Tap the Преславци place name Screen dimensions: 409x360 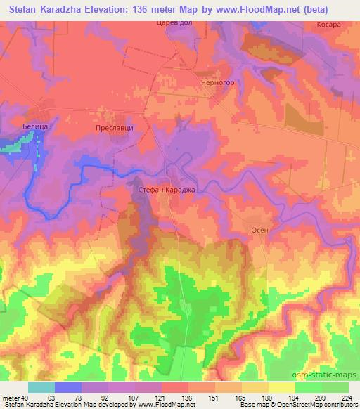coord(115,129)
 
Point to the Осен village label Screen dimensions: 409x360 coord(259,230)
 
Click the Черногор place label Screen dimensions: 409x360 coord(217,81)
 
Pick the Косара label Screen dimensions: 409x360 coord(328,24)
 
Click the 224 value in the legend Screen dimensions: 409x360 coord(347,397)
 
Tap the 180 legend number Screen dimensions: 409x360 coord(266,397)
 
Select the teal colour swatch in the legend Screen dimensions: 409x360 coord(41,387)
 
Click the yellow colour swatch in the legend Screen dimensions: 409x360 coord(281,387)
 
